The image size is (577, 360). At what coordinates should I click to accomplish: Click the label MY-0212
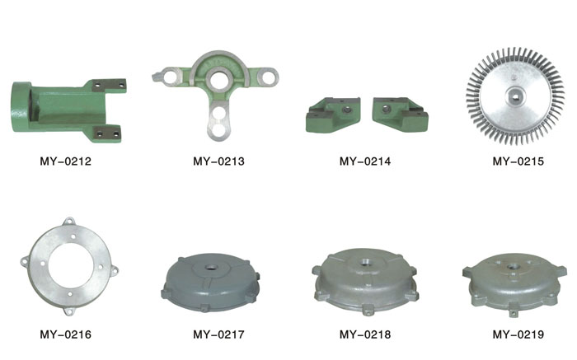pos(65,161)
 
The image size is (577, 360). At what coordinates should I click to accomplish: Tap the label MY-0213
pos(218,161)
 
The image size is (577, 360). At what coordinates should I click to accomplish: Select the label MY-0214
pos(365,161)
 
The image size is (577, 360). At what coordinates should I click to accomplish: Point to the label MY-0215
pos(518,161)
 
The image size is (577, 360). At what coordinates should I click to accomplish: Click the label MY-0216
pos(65,334)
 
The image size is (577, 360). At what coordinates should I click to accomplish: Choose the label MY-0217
pos(218,334)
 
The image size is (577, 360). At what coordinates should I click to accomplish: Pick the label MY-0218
pos(365,334)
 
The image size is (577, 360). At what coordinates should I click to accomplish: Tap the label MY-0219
pos(518,334)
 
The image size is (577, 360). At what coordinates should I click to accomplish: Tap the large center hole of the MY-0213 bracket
pos(218,79)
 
